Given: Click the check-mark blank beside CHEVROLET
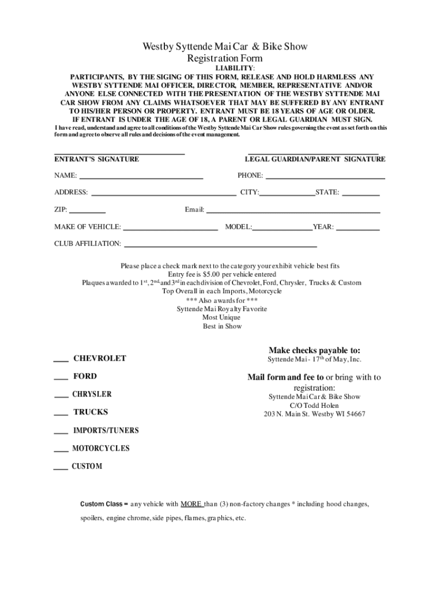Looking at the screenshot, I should (61, 361).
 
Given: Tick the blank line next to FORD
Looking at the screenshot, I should (61, 379).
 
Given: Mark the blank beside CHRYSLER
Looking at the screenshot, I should (61, 397).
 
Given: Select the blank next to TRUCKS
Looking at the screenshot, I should (61, 415).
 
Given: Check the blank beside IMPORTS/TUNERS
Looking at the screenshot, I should (61, 433).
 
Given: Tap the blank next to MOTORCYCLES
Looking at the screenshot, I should (61, 451).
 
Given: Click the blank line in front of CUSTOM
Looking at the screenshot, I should (61, 469).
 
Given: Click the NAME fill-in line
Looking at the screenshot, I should (141, 178).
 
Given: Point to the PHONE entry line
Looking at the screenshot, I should (325, 178).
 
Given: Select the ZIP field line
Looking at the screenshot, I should (88, 212).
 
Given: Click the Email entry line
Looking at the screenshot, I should (294, 212).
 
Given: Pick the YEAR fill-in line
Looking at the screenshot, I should (358, 229).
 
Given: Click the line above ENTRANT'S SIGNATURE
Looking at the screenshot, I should (119, 153).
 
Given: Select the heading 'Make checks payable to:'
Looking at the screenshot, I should (314, 350).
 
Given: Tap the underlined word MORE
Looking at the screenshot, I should (191, 504).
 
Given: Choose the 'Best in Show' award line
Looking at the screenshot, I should (222, 326).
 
